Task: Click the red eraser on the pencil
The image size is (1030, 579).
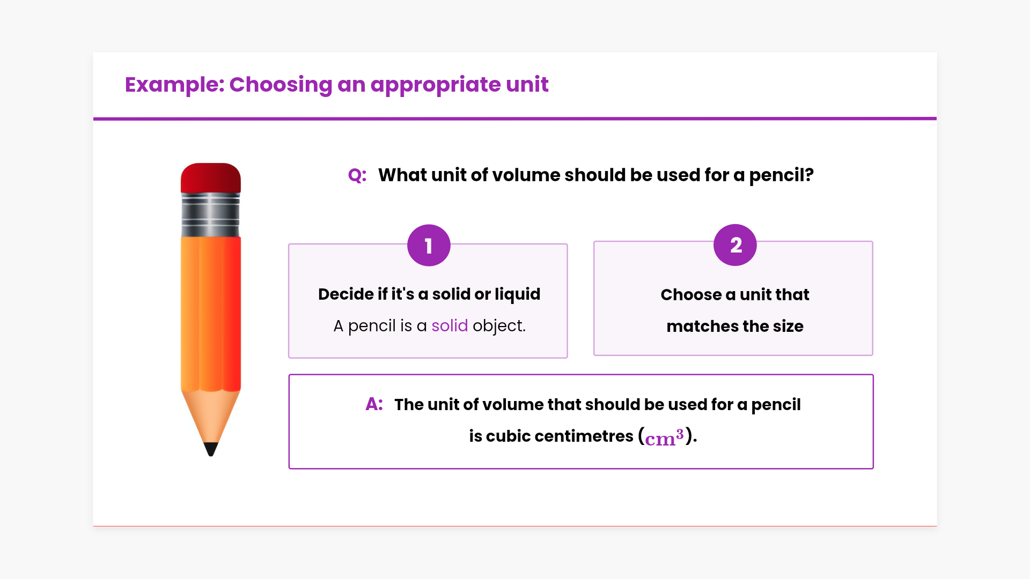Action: pos(211,178)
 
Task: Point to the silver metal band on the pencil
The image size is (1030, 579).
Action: pos(211,215)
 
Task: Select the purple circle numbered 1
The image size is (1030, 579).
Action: pos(429,246)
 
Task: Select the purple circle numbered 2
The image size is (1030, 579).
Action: pos(735,245)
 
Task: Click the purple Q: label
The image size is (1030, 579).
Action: pos(357,175)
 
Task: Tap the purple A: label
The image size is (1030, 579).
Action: pos(374,404)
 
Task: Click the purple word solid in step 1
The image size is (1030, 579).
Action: pos(450,325)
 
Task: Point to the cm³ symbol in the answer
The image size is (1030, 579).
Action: pos(664,437)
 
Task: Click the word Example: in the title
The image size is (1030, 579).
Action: pos(175,85)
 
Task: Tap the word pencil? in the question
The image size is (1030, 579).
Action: pos(781,175)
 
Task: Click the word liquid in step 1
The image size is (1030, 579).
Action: pos(517,294)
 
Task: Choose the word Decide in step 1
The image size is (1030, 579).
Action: pos(346,294)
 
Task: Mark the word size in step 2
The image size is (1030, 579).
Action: pos(788,326)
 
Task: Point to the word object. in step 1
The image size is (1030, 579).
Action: pos(499,326)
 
